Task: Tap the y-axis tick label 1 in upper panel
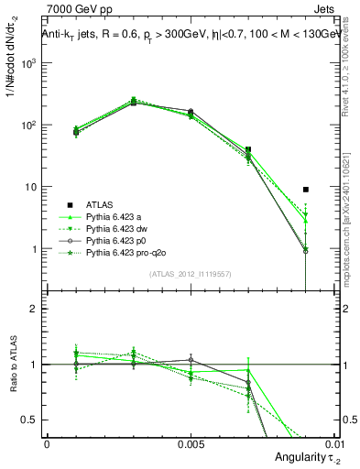coord(34,249)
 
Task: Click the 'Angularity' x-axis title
coord(294,457)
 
